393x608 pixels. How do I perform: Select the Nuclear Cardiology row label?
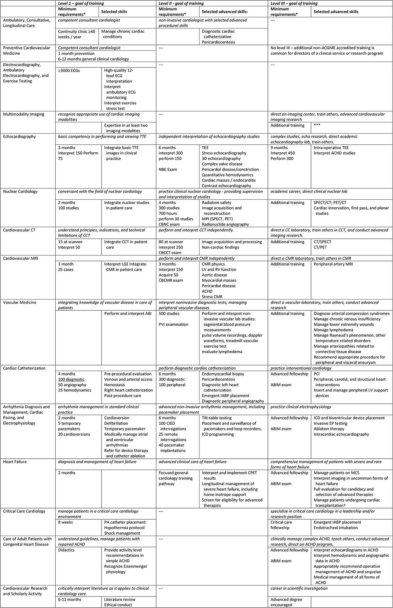(20, 192)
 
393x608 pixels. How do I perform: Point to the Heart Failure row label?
(15, 462)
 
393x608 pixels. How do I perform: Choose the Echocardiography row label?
(19, 137)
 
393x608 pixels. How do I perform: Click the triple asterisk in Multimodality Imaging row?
(317, 125)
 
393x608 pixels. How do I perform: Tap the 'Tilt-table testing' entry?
(217, 418)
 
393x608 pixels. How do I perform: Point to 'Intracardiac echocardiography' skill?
(341, 434)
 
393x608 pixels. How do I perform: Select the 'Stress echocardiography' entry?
(224, 153)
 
